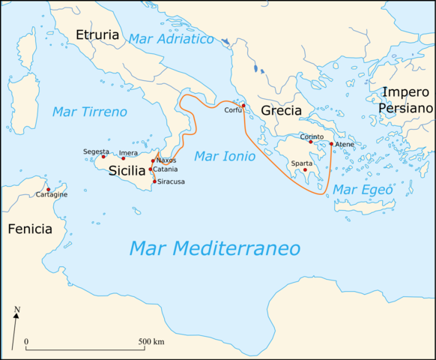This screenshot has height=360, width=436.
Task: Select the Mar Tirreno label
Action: click(x=89, y=112)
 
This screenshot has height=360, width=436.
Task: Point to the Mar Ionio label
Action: click(x=225, y=157)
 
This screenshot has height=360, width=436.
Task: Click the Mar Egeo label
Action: click(x=363, y=190)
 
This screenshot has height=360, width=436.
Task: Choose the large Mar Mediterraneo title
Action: click(x=214, y=248)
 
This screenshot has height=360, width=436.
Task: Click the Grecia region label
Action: click(x=281, y=112)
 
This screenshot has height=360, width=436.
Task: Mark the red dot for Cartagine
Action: click(x=48, y=189)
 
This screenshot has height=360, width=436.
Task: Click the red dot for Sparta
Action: click(x=305, y=169)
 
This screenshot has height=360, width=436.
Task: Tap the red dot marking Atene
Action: click(x=331, y=144)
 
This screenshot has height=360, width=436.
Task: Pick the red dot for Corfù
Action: click(x=243, y=105)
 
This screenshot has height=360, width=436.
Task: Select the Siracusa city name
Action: click(x=172, y=181)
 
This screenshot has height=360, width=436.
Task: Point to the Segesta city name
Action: click(x=96, y=151)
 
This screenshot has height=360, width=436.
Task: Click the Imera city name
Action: click(x=128, y=153)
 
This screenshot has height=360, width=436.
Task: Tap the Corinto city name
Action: click(x=312, y=136)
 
